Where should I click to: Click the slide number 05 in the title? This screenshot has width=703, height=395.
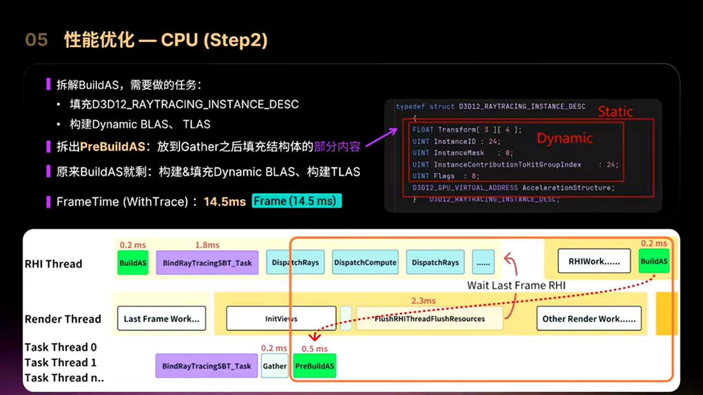coord(36,40)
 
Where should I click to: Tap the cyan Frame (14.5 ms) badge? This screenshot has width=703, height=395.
coord(297,201)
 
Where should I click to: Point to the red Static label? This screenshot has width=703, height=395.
coord(615,112)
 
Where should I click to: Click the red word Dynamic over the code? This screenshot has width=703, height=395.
coord(565,138)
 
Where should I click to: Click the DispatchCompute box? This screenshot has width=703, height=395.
coord(365,262)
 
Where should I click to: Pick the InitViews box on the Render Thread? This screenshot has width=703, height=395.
coord(281,319)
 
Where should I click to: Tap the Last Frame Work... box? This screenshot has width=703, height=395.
coord(161,319)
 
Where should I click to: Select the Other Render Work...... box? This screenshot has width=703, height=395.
coord(589,319)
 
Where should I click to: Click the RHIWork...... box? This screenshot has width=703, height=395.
coord(594,262)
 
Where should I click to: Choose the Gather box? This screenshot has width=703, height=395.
coord(275,366)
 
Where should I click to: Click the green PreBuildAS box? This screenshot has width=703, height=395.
coord(315,366)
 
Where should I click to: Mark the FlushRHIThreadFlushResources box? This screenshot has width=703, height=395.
coord(429,319)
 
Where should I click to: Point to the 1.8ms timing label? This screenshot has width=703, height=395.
coord(207,245)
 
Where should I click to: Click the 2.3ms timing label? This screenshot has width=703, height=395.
coord(423,301)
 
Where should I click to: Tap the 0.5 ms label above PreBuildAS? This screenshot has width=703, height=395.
coord(314,349)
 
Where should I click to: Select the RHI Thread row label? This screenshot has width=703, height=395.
coord(53,264)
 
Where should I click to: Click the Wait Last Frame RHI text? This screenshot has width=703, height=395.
coord(516,285)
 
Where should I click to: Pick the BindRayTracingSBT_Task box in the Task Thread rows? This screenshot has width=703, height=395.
coord(207,366)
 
